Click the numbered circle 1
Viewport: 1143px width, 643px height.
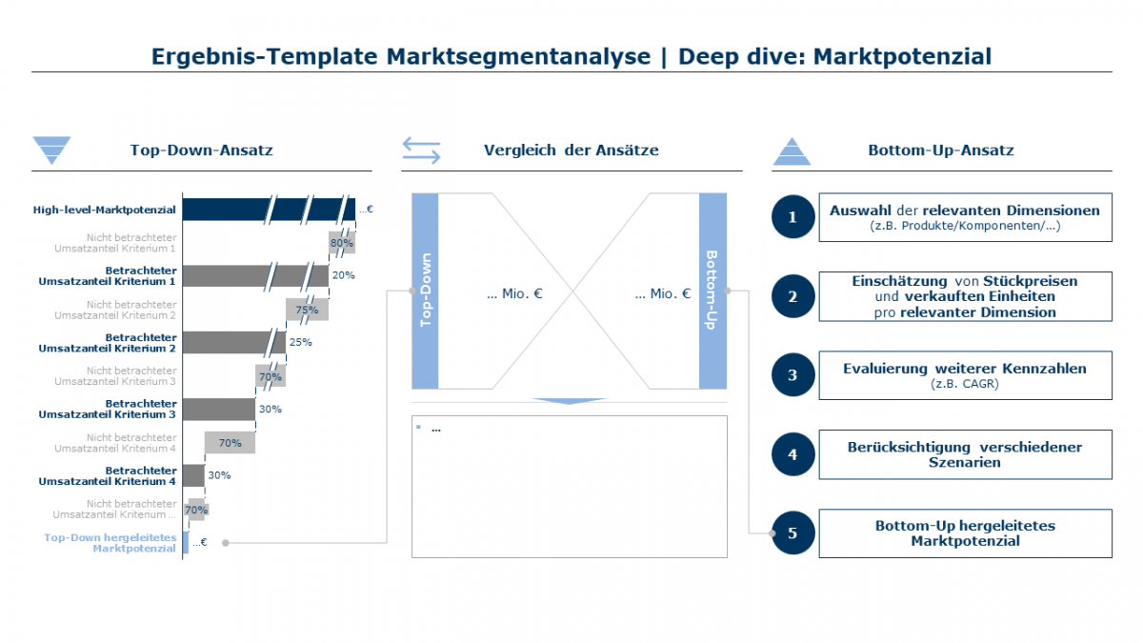pos(792,217)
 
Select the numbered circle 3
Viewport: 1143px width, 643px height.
pos(792,375)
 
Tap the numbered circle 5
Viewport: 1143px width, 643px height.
pos(792,533)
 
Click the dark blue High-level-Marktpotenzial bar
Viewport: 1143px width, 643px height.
pos(267,209)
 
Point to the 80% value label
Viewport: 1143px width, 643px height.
pos(341,243)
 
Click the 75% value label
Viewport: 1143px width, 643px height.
pos(307,310)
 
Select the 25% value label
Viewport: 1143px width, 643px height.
pos(300,342)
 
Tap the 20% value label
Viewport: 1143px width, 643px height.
pos(343,275)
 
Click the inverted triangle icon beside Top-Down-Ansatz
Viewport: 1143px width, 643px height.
pos(51,151)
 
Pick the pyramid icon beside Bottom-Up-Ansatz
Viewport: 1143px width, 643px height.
pos(792,151)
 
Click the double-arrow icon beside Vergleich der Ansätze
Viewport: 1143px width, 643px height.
pos(421,151)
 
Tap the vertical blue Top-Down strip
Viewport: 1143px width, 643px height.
pos(425,291)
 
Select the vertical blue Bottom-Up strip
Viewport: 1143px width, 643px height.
pos(712,291)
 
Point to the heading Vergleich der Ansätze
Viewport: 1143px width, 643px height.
pos(571,151)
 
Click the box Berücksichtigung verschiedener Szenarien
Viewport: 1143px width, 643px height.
pos(965,454)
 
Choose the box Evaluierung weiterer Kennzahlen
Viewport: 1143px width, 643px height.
pos(965,375)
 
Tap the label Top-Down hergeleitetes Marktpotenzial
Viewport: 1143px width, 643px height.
pos(110,543)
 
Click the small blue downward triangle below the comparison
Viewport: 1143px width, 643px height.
pos(569,401)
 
